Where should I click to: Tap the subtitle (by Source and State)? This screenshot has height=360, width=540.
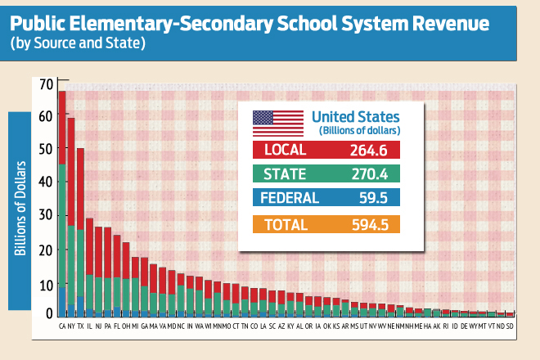78,43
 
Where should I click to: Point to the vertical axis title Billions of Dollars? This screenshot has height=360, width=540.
20,209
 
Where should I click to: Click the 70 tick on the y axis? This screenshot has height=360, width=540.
44,83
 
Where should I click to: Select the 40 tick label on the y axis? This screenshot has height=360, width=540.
44,182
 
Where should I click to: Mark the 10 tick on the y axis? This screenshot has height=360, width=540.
44,283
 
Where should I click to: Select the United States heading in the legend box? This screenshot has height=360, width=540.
357,117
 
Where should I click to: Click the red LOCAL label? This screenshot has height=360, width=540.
283,150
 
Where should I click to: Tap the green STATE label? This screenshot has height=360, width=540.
284,173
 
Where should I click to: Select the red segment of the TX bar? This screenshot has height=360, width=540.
80,188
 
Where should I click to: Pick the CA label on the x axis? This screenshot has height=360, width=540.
62,325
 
